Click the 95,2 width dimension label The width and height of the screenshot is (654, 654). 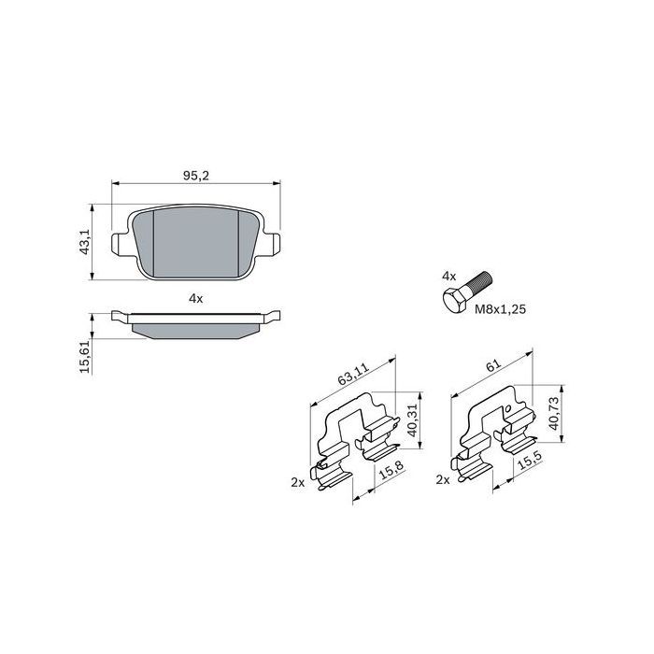pyautogui.click(x=195, y=176)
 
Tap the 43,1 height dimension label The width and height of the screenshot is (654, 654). pyautogui.click(x=85, y=242)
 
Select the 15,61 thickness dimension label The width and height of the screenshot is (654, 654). pyautogui.click(x=86, y=356)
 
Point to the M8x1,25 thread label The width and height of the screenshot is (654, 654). pyautogui.click(x=501, y=309)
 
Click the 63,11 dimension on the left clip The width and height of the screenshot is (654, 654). pyautogui.click(x=354, y=374)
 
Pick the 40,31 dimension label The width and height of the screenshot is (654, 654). pyautogui.click(x=413, y=419)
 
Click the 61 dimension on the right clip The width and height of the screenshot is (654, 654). pyautogui.click(x=493, y=366)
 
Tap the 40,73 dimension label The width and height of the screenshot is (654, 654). pyautogui.click(x=553, y=413)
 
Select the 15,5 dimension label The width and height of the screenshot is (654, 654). pyautogui.click(x=530, y=460)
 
